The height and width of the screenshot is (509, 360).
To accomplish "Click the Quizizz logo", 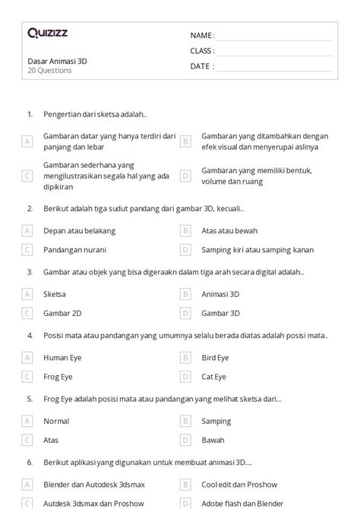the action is [x=46, y=33].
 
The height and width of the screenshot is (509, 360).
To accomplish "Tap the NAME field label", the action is [x=202, y=36].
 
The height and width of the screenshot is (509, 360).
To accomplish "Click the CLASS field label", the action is [x=202, y=51].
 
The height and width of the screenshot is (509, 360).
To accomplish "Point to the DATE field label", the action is [x=202, y=66].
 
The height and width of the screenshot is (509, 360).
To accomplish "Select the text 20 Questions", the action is [x=49, y=71].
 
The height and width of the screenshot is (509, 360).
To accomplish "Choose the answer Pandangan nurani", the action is [x=74, y=249].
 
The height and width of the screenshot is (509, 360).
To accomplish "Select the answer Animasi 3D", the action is [x=220, y=292].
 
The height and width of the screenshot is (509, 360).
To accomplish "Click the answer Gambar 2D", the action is [x=62, y=312].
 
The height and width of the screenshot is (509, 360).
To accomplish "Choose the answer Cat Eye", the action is [x=213, y=376].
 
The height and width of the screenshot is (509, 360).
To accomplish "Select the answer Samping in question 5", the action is [x=216, y=420].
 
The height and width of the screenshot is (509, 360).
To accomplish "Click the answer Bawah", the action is [x=213, y=440].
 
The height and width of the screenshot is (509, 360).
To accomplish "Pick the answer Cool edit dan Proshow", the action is [x=239, y=483].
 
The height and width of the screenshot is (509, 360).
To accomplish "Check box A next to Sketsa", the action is [x=27, y=292].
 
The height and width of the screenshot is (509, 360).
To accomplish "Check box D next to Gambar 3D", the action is [x=185, y=312].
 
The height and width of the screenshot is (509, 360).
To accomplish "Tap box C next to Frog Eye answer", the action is [x=27, y=376].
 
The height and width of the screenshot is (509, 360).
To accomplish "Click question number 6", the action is [x=30, y=461].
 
